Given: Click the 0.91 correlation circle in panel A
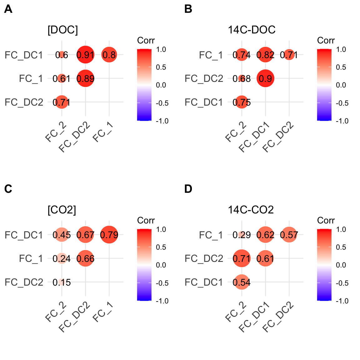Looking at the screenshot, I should (x=85, y=55).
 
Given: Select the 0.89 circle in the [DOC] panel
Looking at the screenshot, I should (x=85, y=78).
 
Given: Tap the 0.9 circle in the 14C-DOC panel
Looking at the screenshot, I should (x=265, y=78).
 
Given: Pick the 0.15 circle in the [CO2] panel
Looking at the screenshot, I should (x=62, y=282).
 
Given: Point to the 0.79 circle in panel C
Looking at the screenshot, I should (x=109, y=235).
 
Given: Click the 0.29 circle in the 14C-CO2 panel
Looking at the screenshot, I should (x=242, y=235).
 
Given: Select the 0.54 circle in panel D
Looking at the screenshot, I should (x=242, y=282).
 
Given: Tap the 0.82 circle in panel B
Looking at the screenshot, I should (x=265, y=55).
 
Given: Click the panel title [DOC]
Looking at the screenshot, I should (x=62, y=30).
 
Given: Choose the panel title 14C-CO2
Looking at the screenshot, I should (x=251, y=210).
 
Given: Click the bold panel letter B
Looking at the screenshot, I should (x=188, y=9).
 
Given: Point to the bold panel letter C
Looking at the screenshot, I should (x=8, y=189).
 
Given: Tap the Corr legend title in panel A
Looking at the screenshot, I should (x=146, y=40).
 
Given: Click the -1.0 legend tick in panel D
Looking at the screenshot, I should (x=342, y=301).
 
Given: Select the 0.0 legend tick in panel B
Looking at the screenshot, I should (x=341, y=85).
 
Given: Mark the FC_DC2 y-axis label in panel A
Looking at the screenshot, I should (x=24, y=102).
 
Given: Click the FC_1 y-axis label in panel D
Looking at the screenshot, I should (x=211, y=235).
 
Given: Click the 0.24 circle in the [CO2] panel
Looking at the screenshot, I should (x=62, y=258).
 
